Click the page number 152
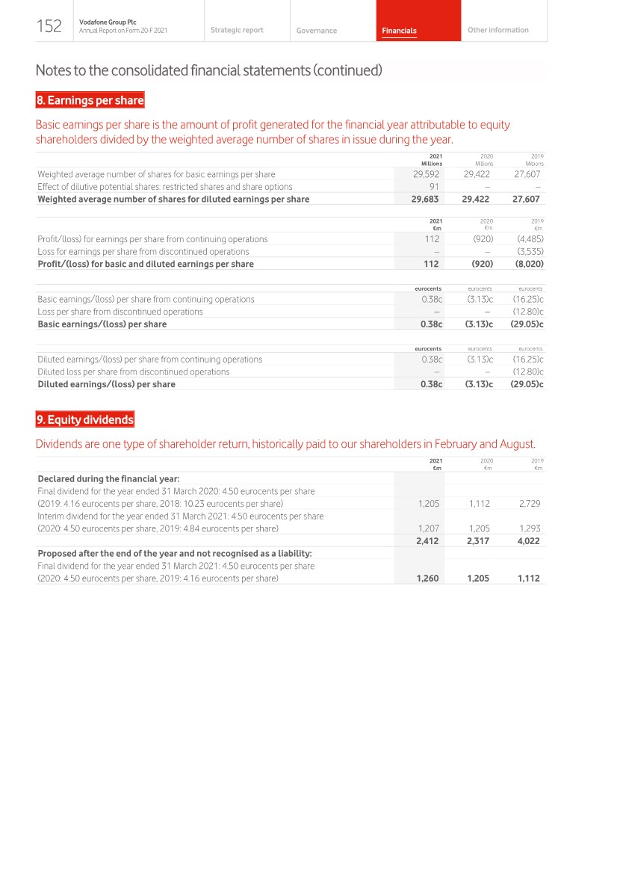(x=49, y=26)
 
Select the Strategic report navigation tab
(x=237, y=30)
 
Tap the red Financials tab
(x=399, y=31)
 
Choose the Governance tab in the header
(x=317, y=31)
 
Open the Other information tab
(x=497, y=30)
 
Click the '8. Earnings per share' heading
(x=90, y=100)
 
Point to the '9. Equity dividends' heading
(x=85, y=420)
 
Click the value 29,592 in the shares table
(x=426, y=174)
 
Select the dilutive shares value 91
(x=434, y=187)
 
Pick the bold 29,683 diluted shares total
(x=424, y=200)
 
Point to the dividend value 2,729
(x=529, y=504)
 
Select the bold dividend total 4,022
(x=528, y=541)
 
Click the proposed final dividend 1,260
(x=427, y=579)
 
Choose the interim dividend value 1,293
(x=529, y=528)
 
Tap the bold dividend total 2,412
(x=427, y=541)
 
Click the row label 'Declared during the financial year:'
(x=108, y=478)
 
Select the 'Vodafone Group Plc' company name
(x=102, y=22)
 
